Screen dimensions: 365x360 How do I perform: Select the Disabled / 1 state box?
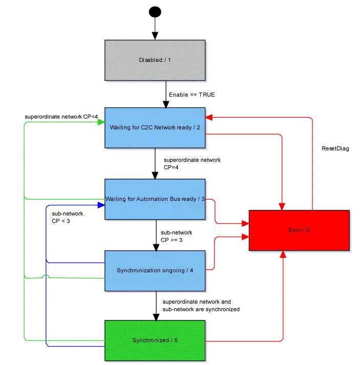click(155, 60)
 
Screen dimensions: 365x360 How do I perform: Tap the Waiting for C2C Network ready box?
click(155, 127)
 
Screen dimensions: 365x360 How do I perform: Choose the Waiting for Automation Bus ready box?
click(155, 199)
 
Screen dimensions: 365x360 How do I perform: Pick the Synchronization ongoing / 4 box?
click(155, 270)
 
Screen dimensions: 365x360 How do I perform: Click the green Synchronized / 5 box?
click(155, 340)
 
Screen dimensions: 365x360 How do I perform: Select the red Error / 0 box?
click(299, 230)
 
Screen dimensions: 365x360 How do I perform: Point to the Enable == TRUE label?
click(192, 95)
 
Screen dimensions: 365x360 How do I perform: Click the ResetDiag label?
click(335, 148)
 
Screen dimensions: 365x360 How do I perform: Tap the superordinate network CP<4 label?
click(61, 117)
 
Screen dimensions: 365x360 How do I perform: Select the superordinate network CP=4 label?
click(192, 163)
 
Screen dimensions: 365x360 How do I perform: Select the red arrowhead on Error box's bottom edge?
click(283, 254)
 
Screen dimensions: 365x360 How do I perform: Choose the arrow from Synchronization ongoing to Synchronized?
click(155, 305)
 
